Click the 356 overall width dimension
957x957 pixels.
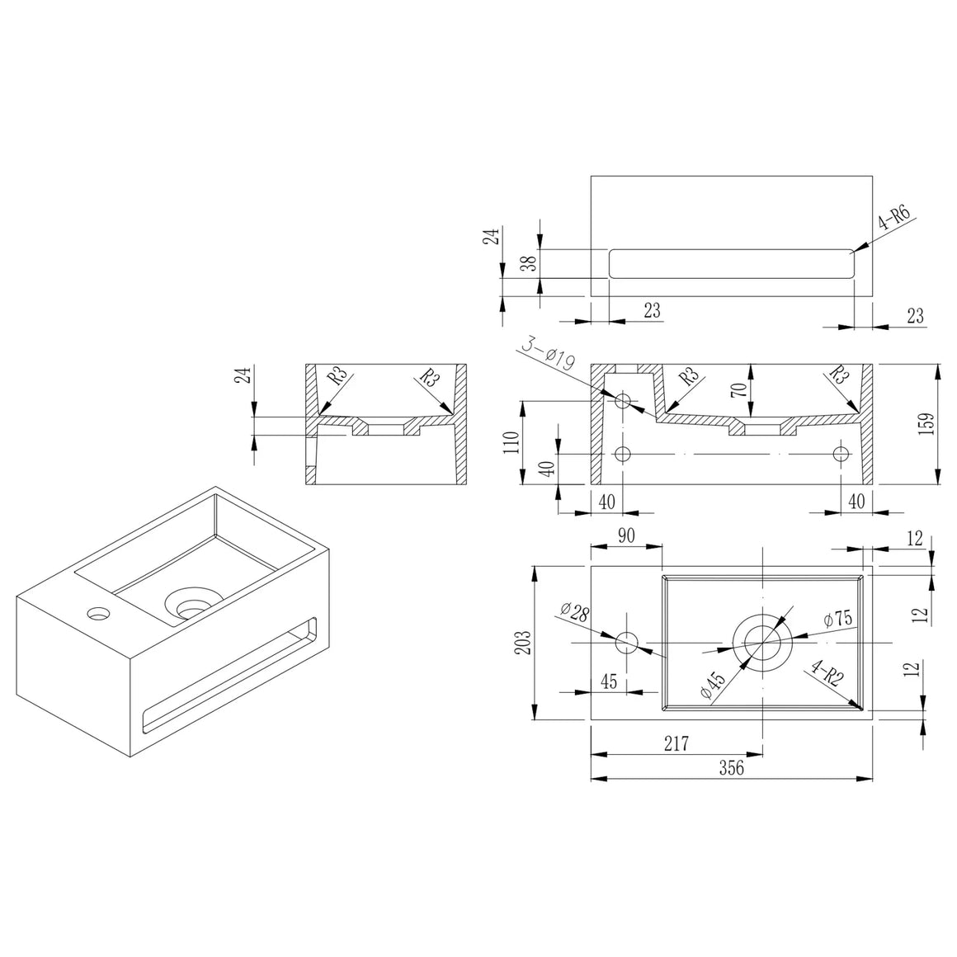[x=731, y=767]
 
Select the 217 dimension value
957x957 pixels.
[x=676, y=743]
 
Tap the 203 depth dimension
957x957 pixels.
[x=523, y=642]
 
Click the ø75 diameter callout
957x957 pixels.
[x=837, y=619]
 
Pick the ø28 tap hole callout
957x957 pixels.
[x=574, y=612]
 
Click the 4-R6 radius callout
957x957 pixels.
[x=894, y=217]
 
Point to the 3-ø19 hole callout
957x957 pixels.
[x=548, y=356]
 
